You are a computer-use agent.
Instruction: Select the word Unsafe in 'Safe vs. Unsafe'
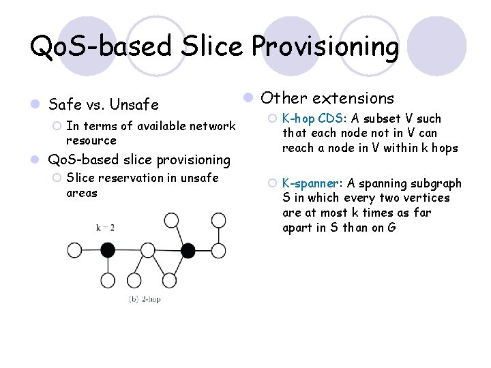pyautogui.click(x=134, y=105)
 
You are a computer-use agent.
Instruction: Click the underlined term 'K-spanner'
pyautogui.click(x=311, y=183)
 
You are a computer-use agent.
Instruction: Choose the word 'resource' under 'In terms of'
pyautogui.click(x=91, y=140)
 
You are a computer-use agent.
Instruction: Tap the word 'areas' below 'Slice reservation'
pyautogui.click(x=81, y=193)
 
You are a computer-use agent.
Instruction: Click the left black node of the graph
pyautogui.click(x=107, y=249)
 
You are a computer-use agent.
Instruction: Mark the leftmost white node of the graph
pyautogui.click(x=74, y=249)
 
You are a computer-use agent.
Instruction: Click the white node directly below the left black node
pyautogui.click(x=107, y=281)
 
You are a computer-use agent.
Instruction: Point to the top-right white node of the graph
pyautogui.click(x=218, y=219)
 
